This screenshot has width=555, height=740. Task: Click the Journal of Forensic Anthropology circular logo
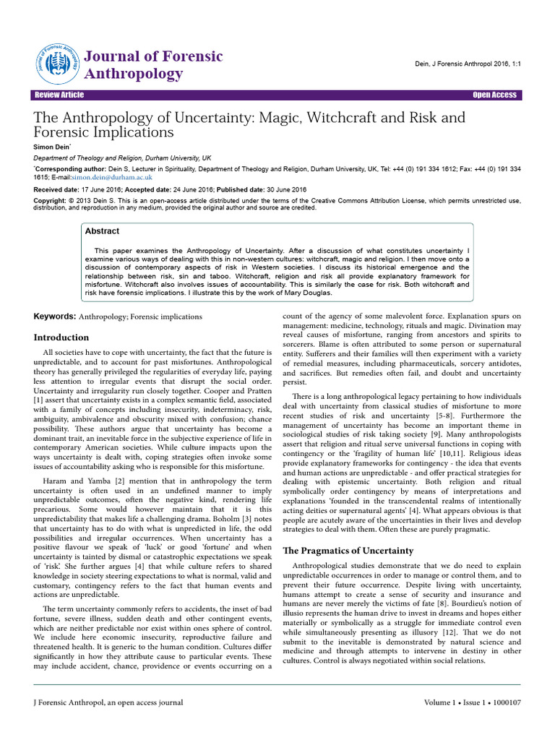[x=56, y=64]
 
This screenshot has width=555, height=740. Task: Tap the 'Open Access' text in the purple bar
[x=494, y=95]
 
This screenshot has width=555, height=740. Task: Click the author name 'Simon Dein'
[x=52, y=147]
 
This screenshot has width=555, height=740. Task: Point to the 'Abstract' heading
[x=103, y=231]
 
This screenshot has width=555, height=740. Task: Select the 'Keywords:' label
[x=54, y=317]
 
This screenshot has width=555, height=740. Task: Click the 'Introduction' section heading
[x=62, y=337]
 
